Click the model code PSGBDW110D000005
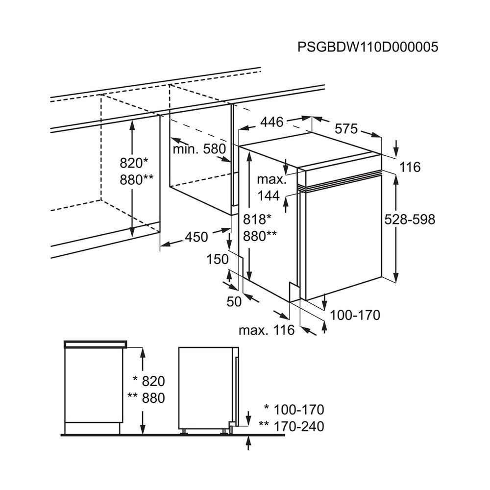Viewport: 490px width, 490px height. (x=367, y=47)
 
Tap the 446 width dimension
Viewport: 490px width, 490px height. (x=271, y=122)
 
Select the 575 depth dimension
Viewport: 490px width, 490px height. (x=347, y=129)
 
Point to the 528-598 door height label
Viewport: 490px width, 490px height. (x=410, y=220)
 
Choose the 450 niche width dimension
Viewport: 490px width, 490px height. (x=196, y=237)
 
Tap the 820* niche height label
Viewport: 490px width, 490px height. (x=134, y=163)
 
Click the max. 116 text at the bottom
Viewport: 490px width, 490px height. (x=266, y=330)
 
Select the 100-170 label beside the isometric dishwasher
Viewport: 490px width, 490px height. (x=355, y=315)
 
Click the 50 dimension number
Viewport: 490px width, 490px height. (x=234, y=302)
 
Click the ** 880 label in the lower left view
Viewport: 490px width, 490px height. (x=146, y=398)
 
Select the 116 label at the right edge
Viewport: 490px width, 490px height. (x=410, y=168)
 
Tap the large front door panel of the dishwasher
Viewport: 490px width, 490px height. (x=343, y=240)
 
